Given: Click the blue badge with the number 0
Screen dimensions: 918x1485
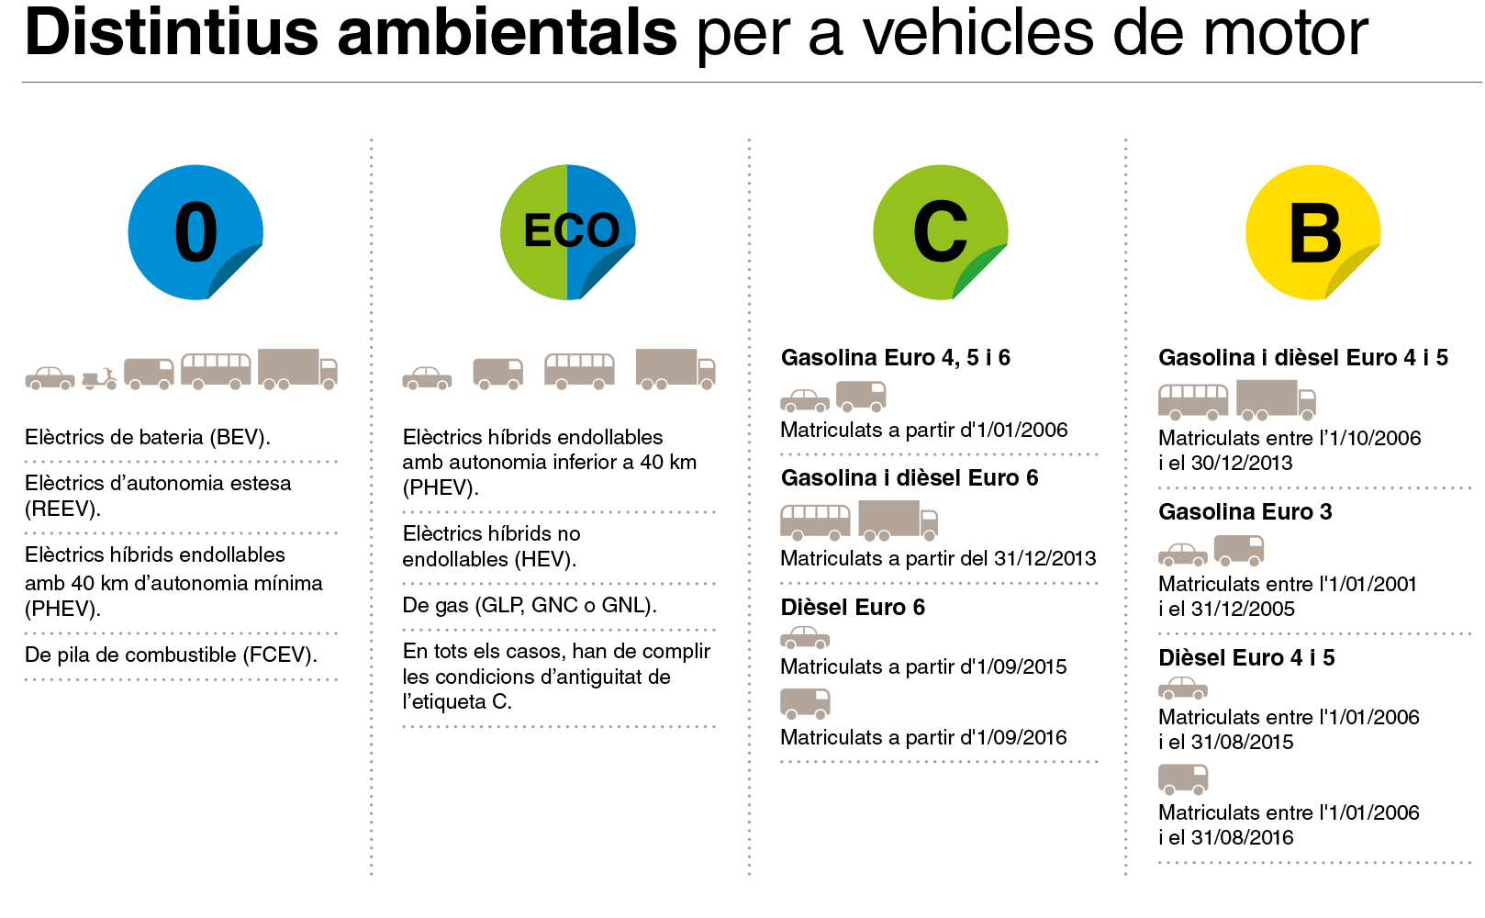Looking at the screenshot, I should coord(195,231).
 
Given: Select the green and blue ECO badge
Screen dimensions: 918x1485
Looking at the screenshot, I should coord(567,231).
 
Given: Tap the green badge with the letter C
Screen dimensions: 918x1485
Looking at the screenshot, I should coord(940,231).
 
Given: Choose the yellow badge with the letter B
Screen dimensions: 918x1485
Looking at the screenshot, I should coord(1312,231).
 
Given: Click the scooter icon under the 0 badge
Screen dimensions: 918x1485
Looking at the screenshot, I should coord(99,378).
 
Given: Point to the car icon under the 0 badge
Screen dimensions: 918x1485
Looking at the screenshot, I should coord(50,377).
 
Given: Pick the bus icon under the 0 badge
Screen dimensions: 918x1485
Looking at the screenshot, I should coord(216,371).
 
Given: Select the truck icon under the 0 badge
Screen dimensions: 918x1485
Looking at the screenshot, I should coord(297,369).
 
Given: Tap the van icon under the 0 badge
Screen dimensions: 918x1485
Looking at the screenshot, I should coord(149,373).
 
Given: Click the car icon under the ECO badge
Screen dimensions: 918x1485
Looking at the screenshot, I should coord(427,377).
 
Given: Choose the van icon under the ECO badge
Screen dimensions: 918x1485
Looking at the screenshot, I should coord(497,373).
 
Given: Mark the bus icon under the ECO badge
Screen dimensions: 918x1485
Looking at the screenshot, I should coord(579,371).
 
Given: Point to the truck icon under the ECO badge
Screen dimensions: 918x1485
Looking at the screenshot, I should coord(675,369).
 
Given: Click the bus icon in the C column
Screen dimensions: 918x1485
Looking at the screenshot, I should coord(815,521).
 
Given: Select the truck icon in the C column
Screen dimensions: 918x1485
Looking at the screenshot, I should coord(898,520).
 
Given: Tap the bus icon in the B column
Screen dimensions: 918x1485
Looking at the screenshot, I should coord(1193,401).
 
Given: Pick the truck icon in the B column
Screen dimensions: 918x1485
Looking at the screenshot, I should coord(1276,399).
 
